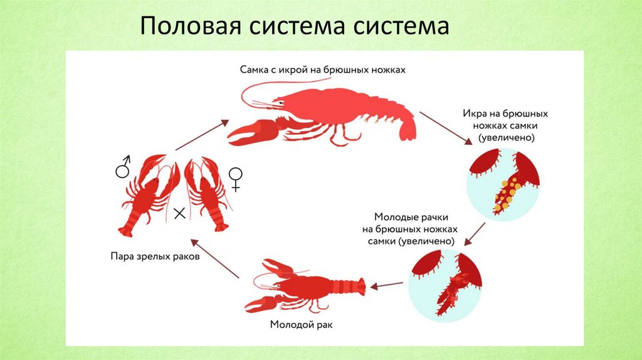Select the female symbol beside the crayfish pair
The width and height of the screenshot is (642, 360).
[x=236, y=178]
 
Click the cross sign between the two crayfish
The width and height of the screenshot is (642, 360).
[x=179, y=214]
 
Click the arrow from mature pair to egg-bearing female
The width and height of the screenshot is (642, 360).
[x=202, y=134]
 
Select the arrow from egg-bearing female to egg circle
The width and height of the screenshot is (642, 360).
[x=446, y=129]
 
